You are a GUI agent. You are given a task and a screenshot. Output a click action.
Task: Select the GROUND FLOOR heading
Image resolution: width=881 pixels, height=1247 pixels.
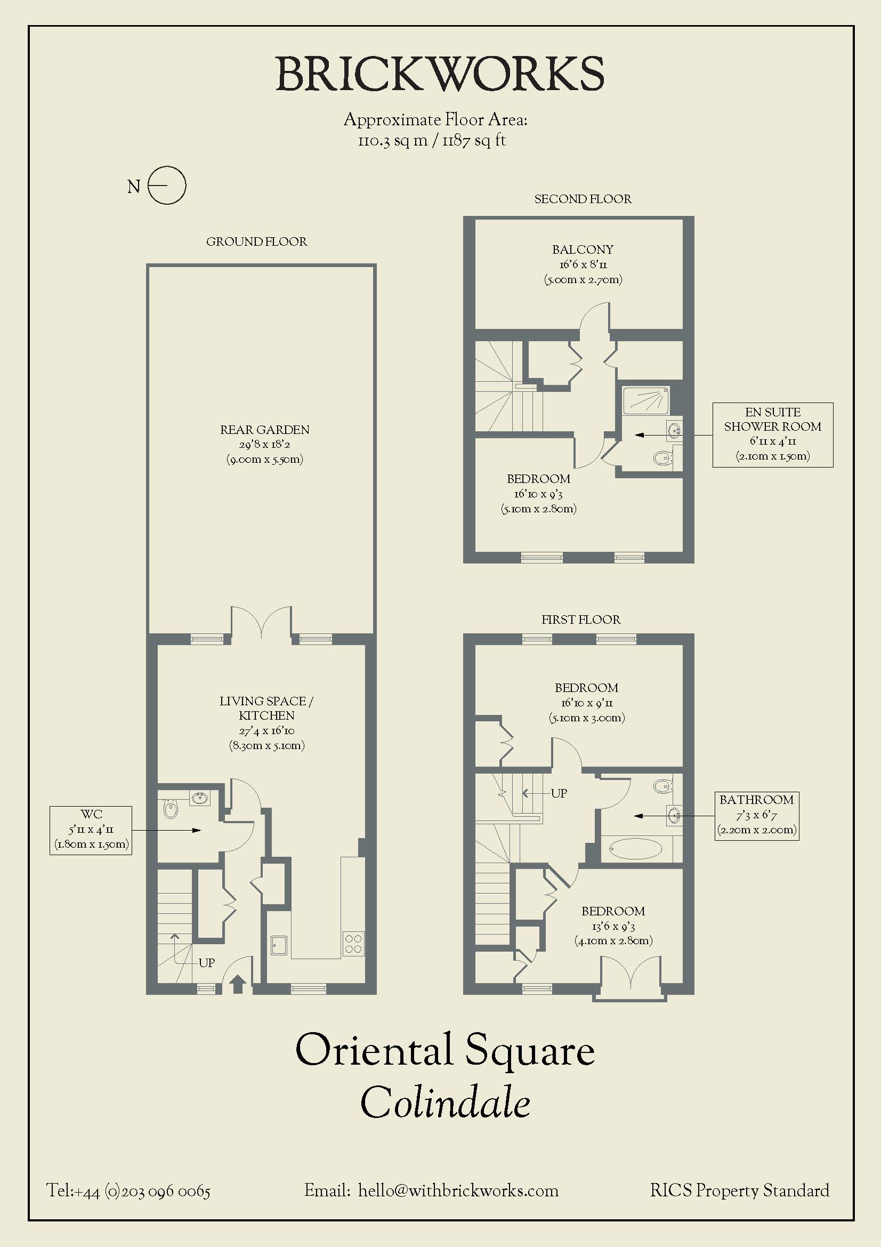tap(257, 242)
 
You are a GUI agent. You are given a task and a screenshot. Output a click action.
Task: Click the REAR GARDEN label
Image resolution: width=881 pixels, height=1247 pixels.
tap(265, 430)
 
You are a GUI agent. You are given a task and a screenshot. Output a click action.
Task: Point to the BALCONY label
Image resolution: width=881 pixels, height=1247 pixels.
tap(583, 250)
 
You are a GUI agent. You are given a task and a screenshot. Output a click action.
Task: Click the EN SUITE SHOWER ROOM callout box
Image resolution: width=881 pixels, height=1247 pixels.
tap(772, 435)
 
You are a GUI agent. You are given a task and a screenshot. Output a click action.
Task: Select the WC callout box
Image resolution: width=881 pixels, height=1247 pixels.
tap(91, 831)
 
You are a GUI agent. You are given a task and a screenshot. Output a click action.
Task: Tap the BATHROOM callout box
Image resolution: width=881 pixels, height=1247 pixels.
tap(757, 816)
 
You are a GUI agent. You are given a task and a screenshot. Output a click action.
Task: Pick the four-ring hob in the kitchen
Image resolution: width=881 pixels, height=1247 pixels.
tap(353, 944)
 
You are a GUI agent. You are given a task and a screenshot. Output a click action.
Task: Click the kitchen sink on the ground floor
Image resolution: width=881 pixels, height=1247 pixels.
tap(280, 945)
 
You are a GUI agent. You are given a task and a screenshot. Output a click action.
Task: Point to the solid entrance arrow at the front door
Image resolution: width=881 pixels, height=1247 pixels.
tap(238, 984)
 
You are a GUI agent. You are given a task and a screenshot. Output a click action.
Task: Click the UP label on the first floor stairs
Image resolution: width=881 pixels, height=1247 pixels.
tap(559, 793)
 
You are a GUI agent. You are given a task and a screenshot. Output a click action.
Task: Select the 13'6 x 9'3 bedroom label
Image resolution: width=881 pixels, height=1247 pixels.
tap(613, 926)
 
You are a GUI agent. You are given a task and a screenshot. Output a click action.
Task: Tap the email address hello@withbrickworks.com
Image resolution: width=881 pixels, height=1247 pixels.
tap(458, 1190)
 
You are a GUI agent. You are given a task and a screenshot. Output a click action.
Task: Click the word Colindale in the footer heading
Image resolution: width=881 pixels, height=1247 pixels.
tap(445, 1102)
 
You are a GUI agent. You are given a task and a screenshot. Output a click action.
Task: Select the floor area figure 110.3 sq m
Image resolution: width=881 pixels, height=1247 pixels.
tap(392, 141)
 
